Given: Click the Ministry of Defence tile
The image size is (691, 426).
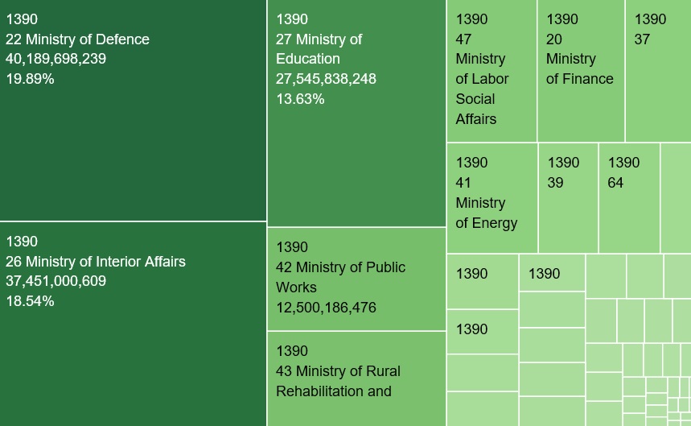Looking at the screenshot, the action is point(133,110).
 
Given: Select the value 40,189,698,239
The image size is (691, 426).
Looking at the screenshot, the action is point(56,59).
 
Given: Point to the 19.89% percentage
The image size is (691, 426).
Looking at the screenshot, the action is point(30,79).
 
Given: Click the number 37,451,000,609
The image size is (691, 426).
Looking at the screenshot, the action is point(56,281).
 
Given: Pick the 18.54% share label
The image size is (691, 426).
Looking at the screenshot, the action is point(30,301).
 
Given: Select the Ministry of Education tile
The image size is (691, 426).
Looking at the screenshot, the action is point(356,114).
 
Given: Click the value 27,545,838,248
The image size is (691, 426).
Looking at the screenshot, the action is point(326,79).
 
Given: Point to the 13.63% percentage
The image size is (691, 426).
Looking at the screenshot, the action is point(300,99).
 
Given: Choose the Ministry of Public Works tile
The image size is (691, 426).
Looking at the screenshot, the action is point(356,279).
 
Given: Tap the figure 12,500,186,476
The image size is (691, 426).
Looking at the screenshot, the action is point(326,308).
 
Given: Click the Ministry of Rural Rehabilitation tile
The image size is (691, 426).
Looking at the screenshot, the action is point(356,378).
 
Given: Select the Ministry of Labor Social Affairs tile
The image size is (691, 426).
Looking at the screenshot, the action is point(492,71).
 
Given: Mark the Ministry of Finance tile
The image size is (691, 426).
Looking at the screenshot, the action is point(581,71).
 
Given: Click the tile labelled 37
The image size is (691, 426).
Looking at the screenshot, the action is point(658,71).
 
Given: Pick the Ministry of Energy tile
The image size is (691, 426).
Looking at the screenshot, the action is point(492,198).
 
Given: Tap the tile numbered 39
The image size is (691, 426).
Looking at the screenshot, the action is point(568,198).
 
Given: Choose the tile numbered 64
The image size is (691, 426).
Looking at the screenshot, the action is point(629,198).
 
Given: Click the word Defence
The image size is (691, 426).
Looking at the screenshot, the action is point(122,39).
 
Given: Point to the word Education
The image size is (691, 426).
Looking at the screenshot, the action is point(308,59).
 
